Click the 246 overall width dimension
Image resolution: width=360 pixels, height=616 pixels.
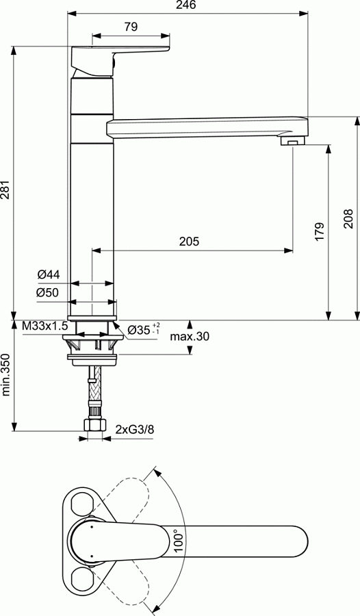186,5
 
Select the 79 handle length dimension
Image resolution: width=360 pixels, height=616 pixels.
131,27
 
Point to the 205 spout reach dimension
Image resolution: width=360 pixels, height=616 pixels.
189,241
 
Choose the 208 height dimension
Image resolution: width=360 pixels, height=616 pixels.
348,218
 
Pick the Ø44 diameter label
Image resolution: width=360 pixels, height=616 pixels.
49,274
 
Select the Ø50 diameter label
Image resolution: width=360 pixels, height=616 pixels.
49,293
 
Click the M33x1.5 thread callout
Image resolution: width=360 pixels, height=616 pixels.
45,326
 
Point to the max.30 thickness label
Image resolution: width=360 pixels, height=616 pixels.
190,336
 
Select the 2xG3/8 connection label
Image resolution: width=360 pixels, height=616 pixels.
134,430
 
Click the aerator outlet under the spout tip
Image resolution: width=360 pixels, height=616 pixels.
292,141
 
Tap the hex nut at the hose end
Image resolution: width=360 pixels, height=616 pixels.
94,426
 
